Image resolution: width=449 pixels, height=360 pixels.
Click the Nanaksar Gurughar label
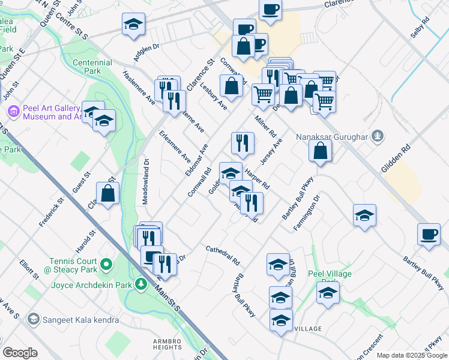(331, 136)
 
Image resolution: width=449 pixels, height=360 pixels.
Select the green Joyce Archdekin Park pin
(140, 283)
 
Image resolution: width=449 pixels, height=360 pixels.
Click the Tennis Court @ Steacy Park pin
(106, 263)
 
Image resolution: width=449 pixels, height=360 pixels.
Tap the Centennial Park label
(92, 67)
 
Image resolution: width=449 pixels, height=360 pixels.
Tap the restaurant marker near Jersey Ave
(243, 142)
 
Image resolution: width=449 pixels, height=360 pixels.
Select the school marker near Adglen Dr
(133, 24)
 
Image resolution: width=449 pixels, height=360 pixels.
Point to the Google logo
(20, 353)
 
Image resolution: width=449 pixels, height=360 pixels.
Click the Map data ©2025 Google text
(412, 355)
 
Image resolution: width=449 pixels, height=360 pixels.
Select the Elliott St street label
(28, 269)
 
